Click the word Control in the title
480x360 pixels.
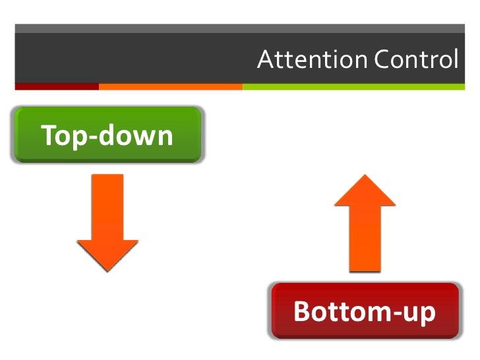coord(415,59)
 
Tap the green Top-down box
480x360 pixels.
coord(107,135)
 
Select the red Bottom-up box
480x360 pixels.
coord(365,311)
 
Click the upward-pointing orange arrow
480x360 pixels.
coord(365,224)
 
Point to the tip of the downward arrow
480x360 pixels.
coord(107,268)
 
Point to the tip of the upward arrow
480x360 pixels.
coord(365,176)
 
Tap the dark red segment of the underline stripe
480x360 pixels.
coord(56,86)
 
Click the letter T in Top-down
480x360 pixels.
coord(49,135)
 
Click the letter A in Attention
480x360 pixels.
coord(264,59)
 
